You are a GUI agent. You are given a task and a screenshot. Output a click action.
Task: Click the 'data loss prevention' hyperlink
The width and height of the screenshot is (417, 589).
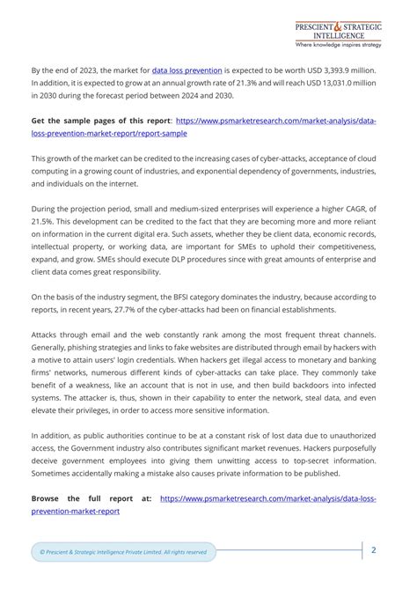tap(187, 69)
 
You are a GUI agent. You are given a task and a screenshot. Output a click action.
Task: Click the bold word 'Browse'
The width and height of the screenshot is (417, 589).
tap(48, 498)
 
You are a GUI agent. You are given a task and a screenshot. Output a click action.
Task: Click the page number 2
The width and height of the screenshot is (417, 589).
tap(374, 550)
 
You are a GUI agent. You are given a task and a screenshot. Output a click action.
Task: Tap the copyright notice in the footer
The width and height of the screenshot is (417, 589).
tap(123, 552)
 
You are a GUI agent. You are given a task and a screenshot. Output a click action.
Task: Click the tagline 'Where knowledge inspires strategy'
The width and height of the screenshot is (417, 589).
tap(338, 44)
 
